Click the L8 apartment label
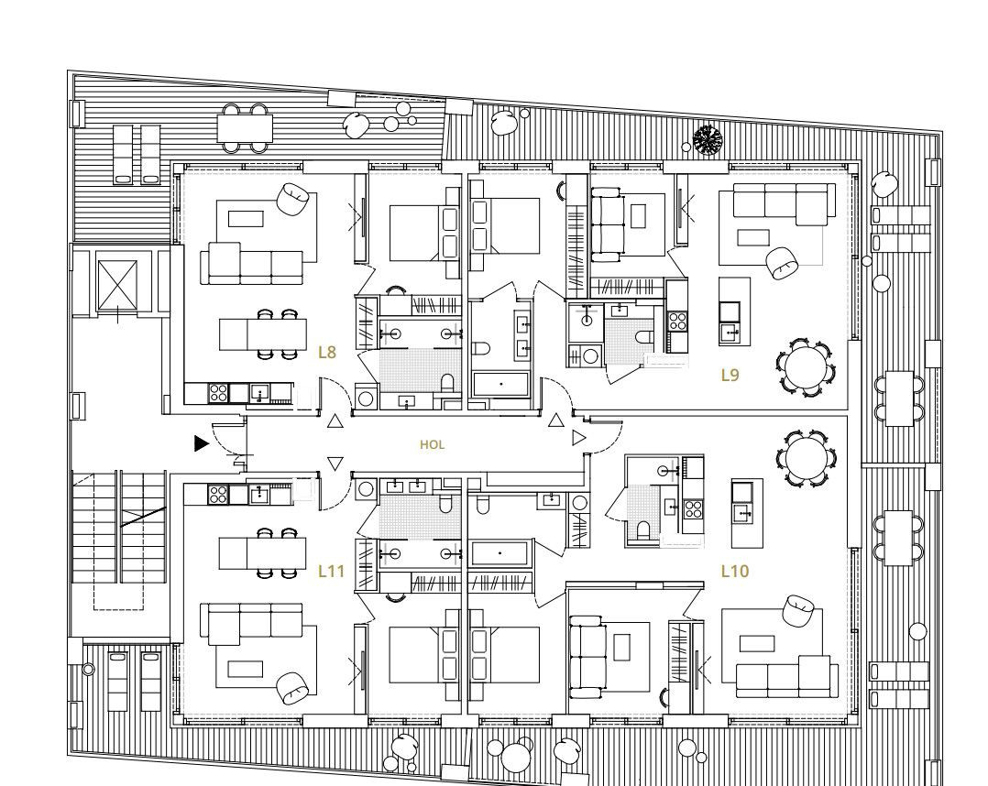[x=327, y=352]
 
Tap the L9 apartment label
[x=730, y=376]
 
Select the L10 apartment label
[x=735, y=572]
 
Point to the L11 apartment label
[x=332, y=572]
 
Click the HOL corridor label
[x=433, y=444]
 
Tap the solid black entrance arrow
[x=201, y=443]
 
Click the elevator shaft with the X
[x=116, y=285]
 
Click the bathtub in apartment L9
[x=500, y=384]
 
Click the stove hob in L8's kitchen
[x=218, y=393]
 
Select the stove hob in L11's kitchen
[x=218, y=493]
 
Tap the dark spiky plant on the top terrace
[x=708, y=140]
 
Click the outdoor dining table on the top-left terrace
[x=245, y=128]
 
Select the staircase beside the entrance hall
[x=119, y=527]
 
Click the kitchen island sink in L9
[x=730, y=330]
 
